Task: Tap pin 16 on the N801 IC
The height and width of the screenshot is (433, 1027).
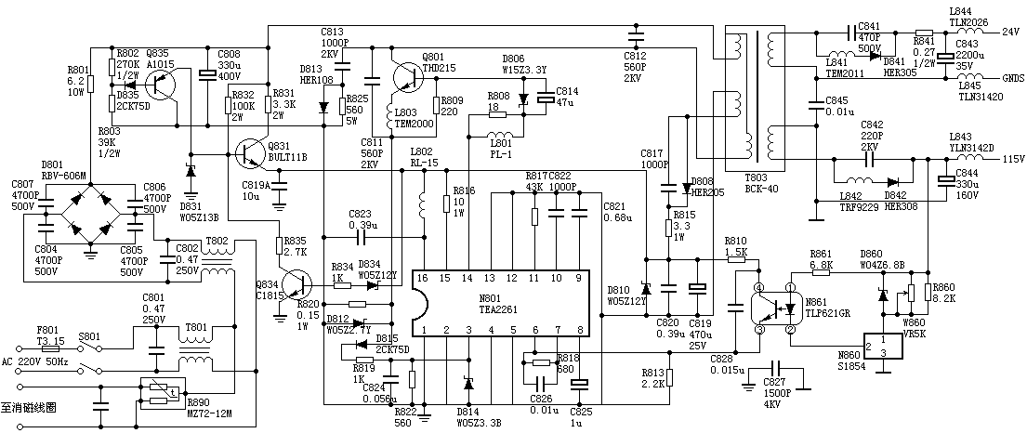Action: tap(424, 277)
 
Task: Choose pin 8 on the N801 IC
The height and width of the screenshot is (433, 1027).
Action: tap(580, 329)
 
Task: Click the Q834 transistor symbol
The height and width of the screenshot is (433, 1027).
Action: tap(296, 284)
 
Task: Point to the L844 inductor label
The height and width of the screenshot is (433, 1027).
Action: tap(960, 11)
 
